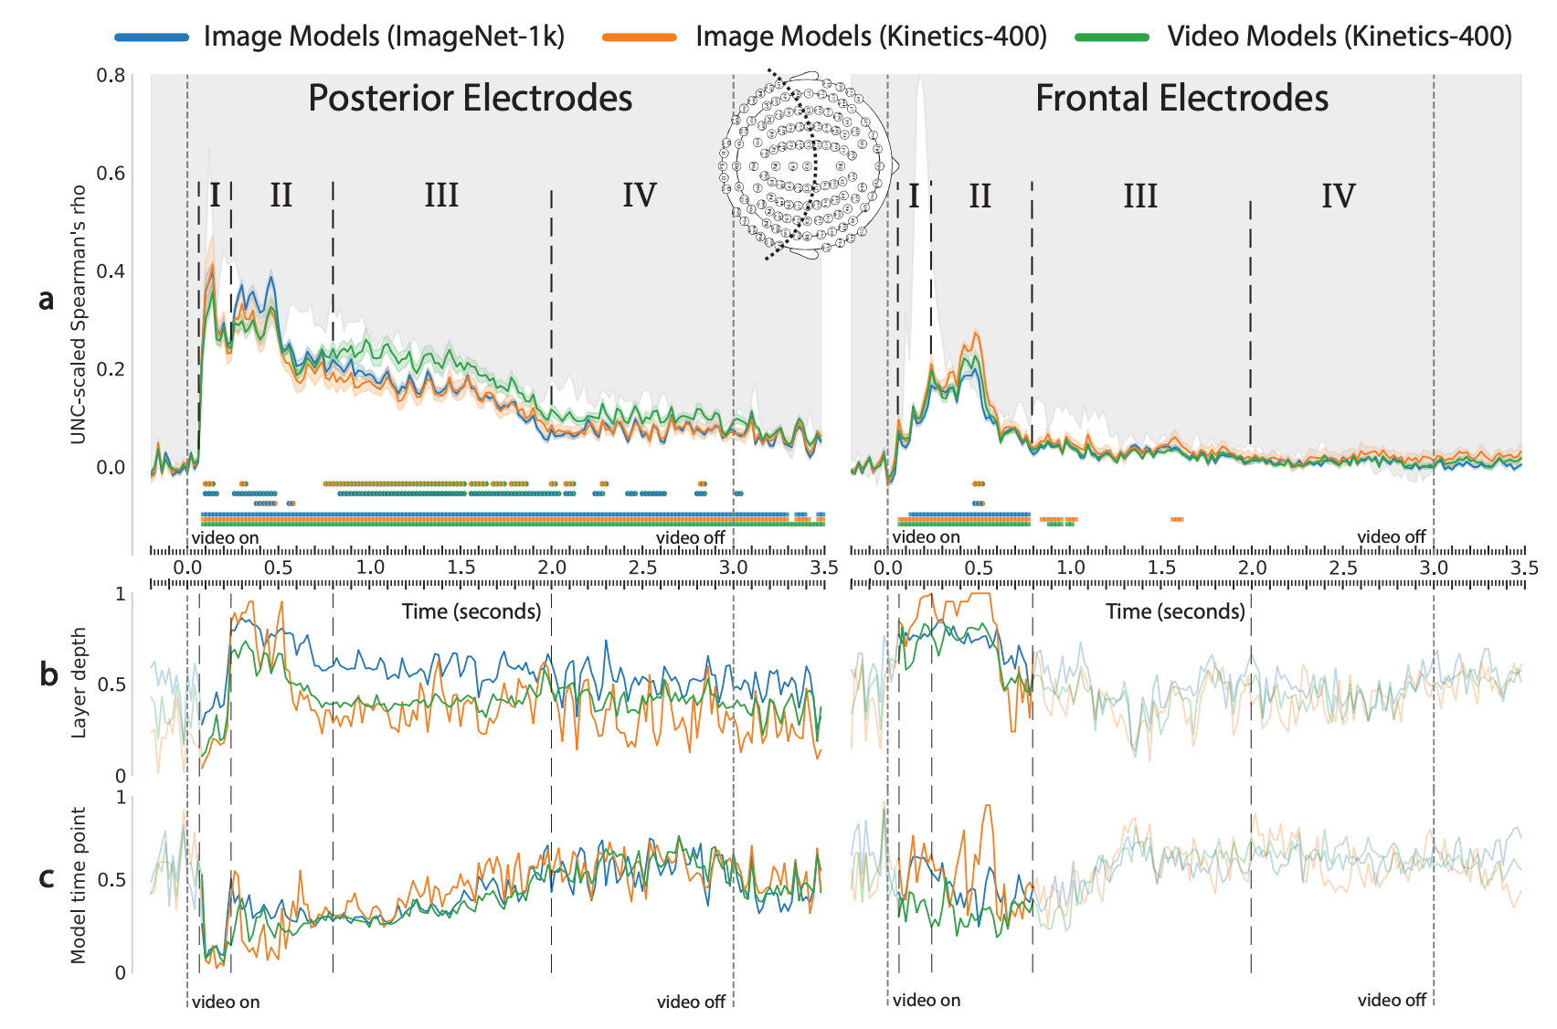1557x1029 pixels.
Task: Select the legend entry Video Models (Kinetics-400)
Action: pos(1339,37)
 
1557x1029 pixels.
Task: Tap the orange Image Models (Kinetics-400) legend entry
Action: pos(870,37)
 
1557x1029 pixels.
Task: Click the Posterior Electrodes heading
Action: pos(470,99)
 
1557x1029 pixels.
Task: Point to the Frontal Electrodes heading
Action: pos(1181,99)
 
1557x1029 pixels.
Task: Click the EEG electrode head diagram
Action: pos(806,164)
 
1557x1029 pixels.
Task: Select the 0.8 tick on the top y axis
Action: pos(111,75)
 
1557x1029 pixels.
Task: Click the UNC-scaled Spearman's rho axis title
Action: pos(79,314)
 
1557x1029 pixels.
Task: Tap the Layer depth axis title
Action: pos(79,683)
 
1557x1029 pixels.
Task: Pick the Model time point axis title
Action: pos(79,885)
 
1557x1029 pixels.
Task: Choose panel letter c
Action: pos(48,877)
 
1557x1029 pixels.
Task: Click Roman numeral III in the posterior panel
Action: pos(441,196)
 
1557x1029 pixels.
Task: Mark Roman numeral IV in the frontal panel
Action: pos(1338,196)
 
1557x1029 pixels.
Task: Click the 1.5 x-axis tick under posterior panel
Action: pos(461,568)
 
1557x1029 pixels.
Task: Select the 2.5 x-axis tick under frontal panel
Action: pos(1343,568)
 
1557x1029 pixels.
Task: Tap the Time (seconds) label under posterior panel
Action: pos(471,611)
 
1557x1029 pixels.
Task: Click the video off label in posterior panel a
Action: pos(690,538)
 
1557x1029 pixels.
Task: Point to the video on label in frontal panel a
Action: pos(927,537)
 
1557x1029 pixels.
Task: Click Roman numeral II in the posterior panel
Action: pos(281,196)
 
